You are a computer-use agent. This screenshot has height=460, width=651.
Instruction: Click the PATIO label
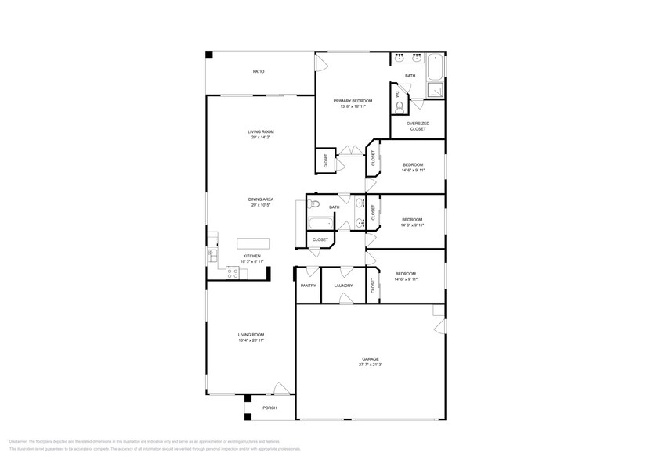258,72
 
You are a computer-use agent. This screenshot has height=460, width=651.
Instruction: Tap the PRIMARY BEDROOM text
353,101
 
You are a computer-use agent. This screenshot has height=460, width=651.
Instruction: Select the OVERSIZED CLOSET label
418,126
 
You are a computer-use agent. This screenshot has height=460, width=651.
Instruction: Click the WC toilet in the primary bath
400,106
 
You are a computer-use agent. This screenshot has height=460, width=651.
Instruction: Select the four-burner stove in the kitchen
232,272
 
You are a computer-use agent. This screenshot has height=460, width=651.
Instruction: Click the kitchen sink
212,253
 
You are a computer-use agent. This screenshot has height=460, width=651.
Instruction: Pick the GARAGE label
370,359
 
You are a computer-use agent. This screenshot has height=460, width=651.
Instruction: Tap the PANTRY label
308,286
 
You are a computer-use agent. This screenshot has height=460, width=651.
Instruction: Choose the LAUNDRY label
343,286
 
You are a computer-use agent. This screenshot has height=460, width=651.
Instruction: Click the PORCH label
270,408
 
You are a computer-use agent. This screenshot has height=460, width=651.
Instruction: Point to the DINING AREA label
260,199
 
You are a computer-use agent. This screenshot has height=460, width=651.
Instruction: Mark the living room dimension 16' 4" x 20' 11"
251,340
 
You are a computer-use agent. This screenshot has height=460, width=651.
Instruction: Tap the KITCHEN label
251,256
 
